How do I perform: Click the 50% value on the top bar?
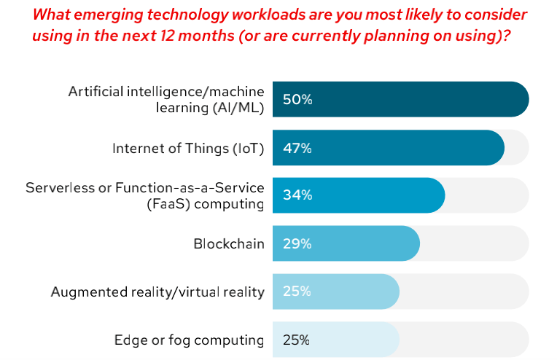pos(297,99)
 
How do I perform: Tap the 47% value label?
pos(297,148)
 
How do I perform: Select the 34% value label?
pos(297,195)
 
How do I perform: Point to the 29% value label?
pos(297,243)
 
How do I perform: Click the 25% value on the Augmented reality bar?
pos(297,291)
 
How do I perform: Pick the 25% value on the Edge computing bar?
pos(297,340)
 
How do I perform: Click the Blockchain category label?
pos(228,243)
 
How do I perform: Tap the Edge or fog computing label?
pos(189,340)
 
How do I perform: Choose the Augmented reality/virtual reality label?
pos(157,291)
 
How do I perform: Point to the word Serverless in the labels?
pos(59,187)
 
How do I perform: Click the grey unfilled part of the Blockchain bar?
pos(474,243)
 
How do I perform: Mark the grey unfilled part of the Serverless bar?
pos(487,195)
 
